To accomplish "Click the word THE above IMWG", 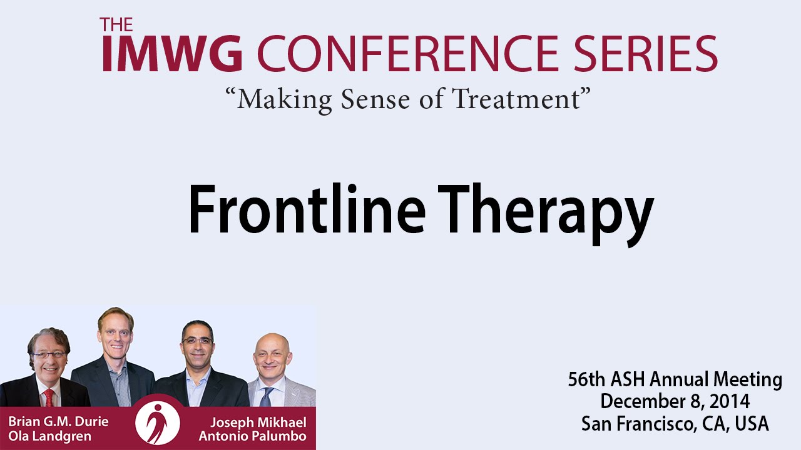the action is tap(116, 24).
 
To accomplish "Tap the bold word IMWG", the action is tap(172, 53).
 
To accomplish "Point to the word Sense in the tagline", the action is tap(375, 99).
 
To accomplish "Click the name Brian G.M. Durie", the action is tap(58, 422).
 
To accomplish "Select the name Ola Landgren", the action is tap(49, 436).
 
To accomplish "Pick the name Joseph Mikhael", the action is tap(258, 422).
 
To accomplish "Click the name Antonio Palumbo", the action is tap(252, 436).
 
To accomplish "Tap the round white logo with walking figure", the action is tap(158, 423).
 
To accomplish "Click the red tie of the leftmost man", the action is tap(49, 397).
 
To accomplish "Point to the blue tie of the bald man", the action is tap(267, 397).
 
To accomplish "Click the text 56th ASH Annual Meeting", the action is tap(675, 379).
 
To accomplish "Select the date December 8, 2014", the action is tap(675, 401).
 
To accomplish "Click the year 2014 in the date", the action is tap(730, 401).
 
